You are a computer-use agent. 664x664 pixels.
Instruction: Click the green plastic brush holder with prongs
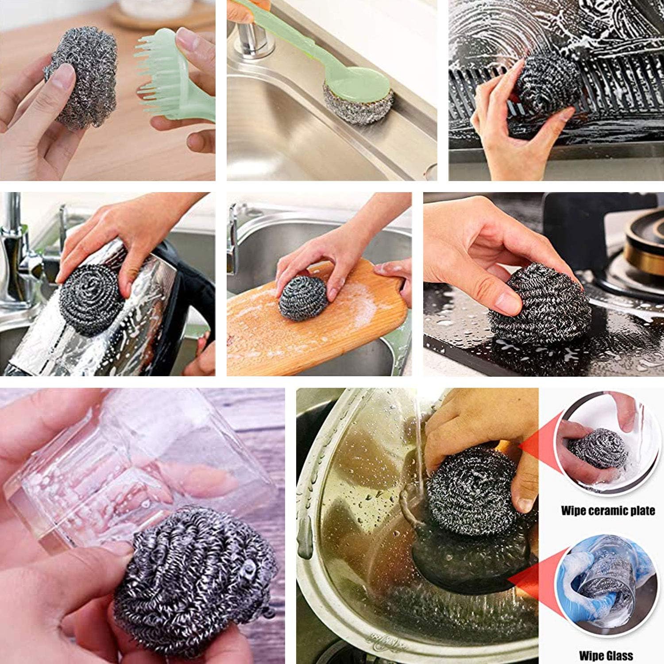coord(177,75)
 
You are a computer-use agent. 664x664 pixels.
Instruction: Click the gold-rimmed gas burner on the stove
coord(644,248)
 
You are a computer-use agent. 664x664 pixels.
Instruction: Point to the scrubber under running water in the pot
coord(471,491)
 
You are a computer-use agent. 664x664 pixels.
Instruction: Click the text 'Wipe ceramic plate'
coord(608,510)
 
